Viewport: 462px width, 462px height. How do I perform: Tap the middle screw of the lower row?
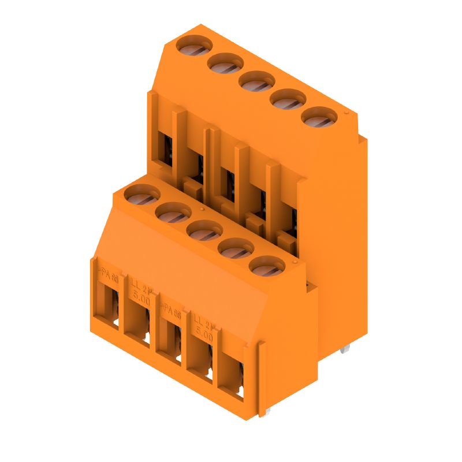204,230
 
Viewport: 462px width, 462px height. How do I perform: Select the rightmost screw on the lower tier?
267,267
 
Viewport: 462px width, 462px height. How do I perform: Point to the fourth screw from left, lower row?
236,249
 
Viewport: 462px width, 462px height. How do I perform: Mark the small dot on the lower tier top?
202,208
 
